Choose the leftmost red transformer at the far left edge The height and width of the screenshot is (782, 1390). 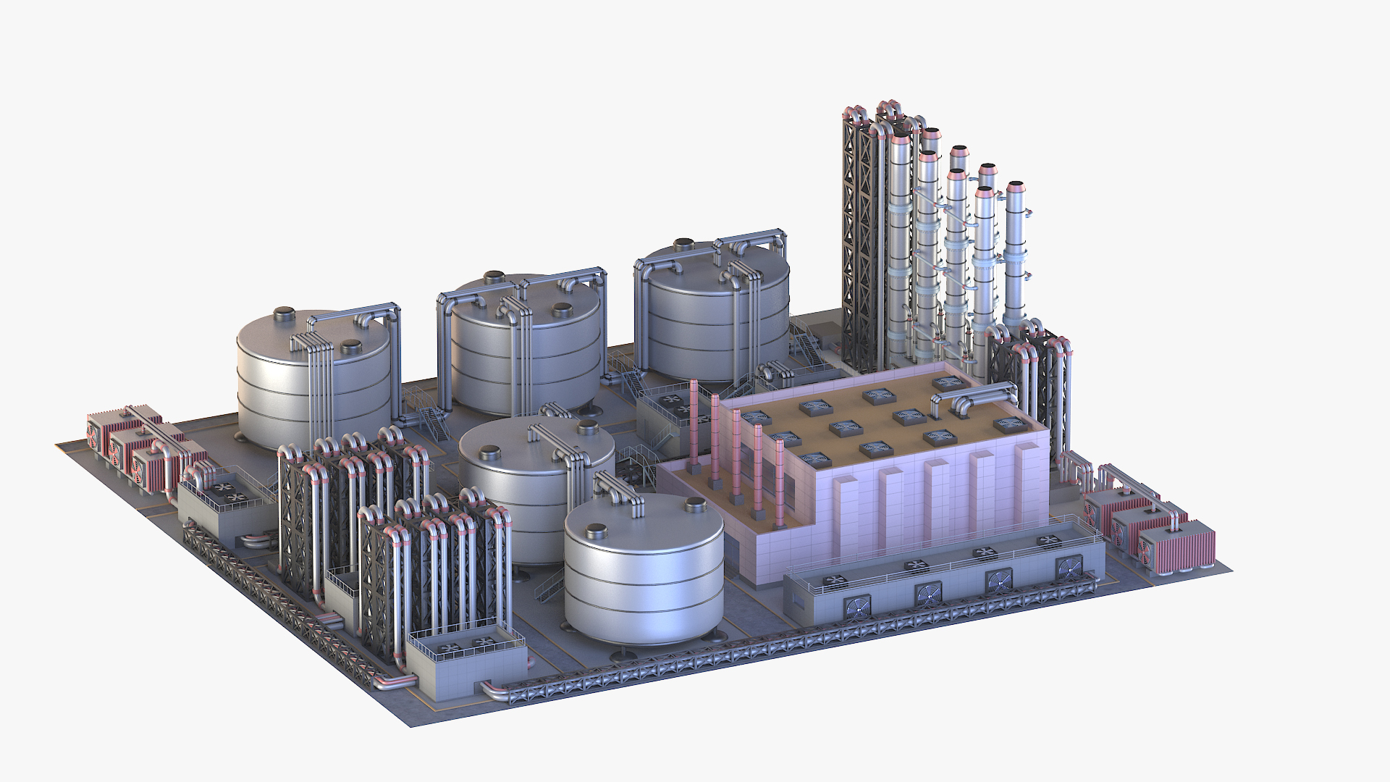(101, 434)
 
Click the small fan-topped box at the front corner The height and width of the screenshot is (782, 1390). (466, 659)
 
